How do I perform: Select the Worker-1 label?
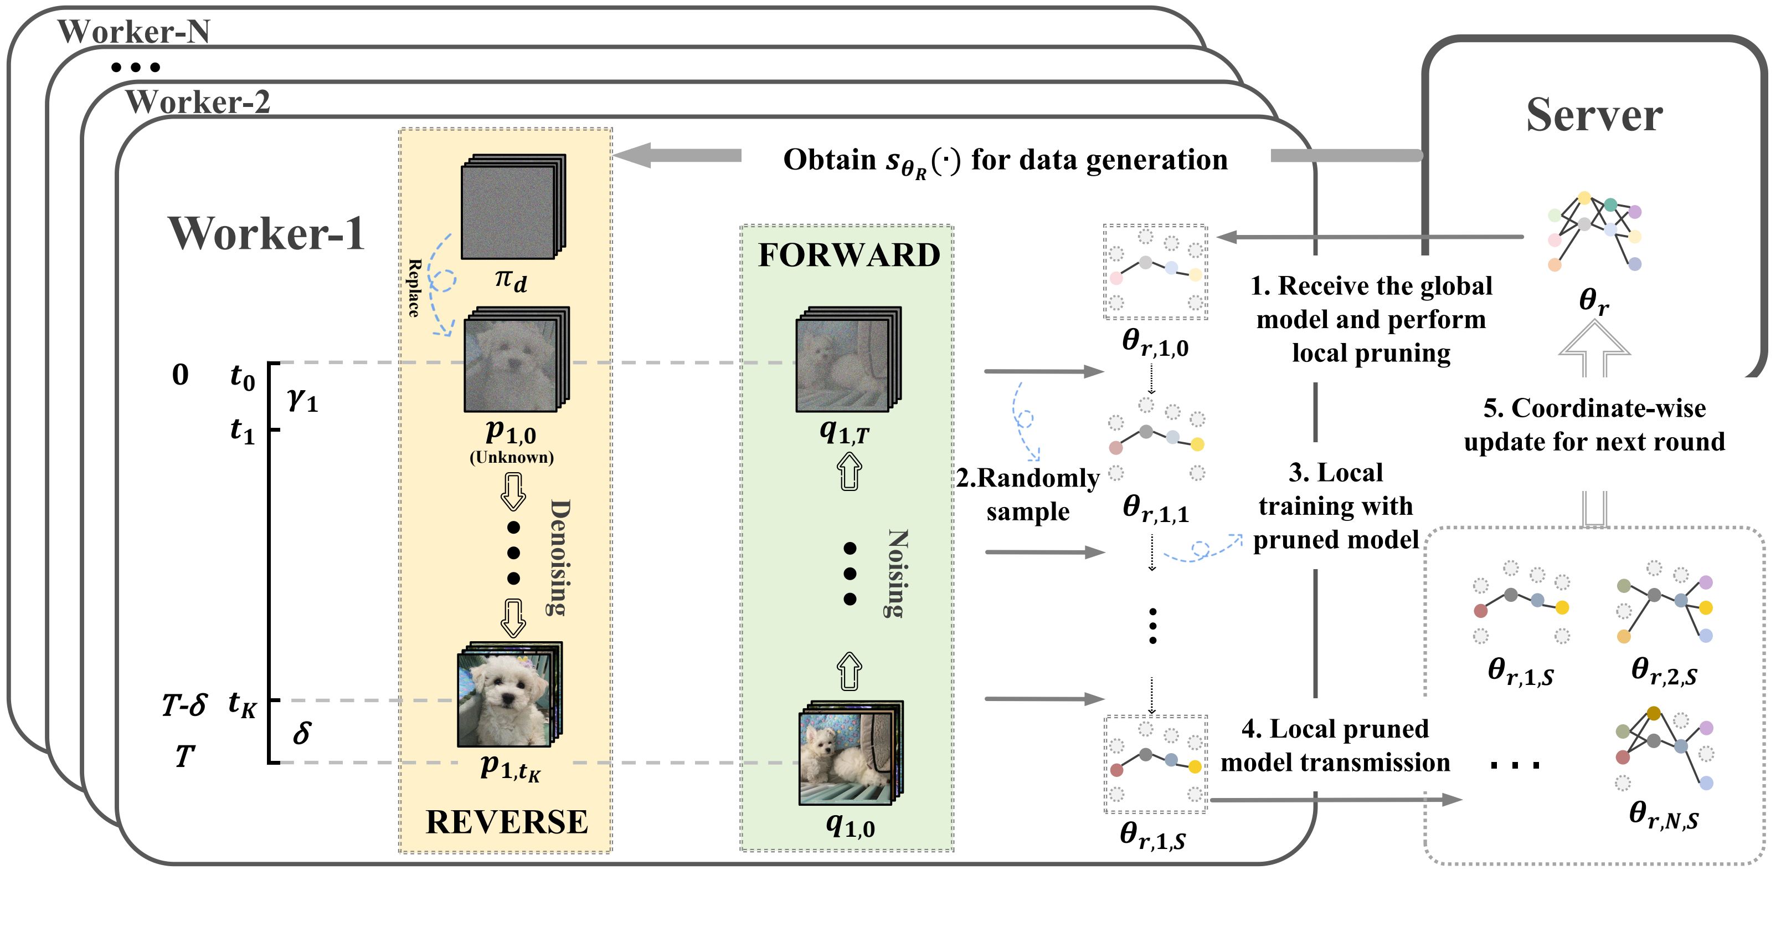(266, 233)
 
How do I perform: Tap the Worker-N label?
(133, 31)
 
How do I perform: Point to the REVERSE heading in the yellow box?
(506, 822)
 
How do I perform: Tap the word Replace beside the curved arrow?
(414, 288)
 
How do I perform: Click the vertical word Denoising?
(559, 557)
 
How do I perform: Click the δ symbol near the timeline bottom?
(301, 733)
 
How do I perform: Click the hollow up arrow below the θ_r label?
(1594, 349)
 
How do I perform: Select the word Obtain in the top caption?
(829, 159)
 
